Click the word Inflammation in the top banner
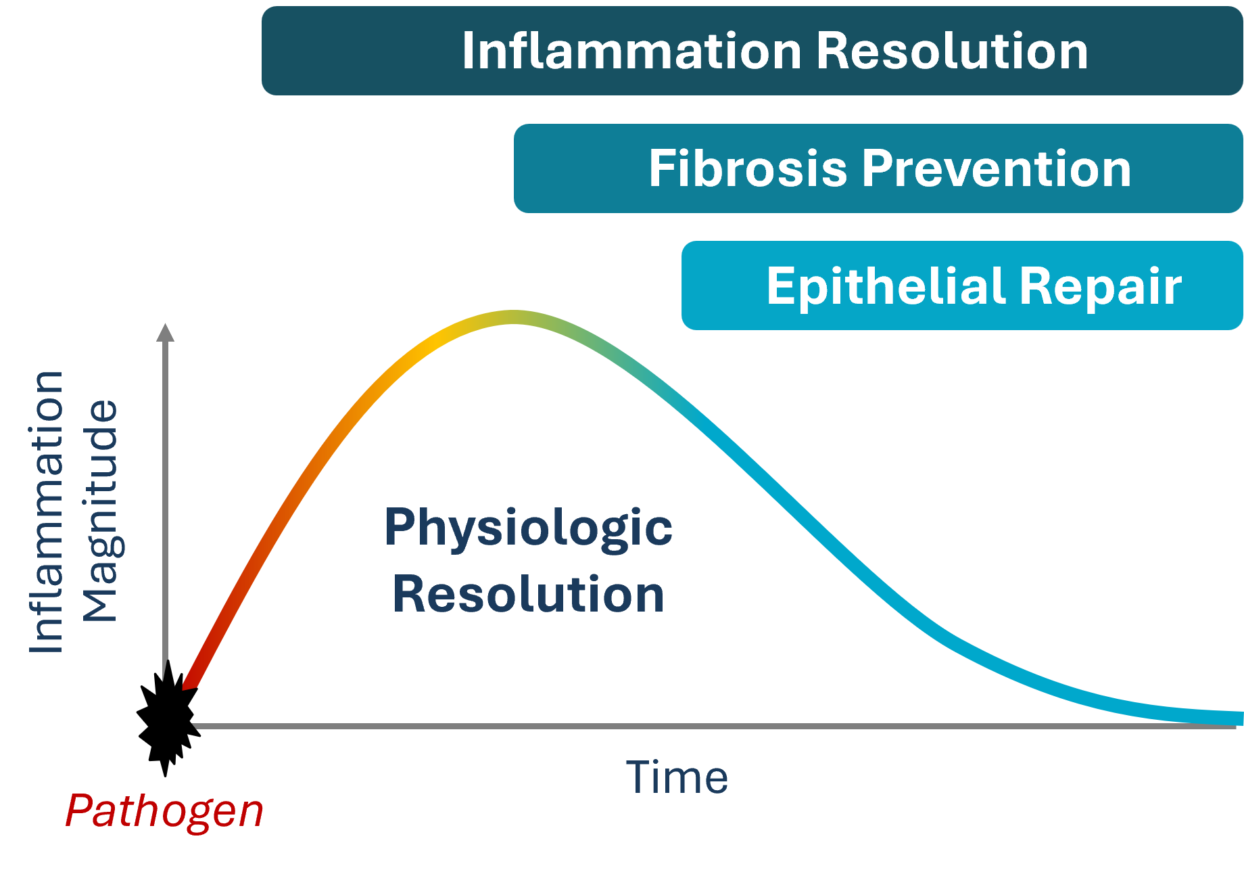coord(631,51)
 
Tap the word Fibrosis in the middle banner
coord(748,168)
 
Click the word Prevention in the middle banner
coord(997,168)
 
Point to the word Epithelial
coord(885,286)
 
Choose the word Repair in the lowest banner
coord(1101,286)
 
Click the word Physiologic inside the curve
coord(528,528)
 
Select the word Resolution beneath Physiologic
coord(528,594)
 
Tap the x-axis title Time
coord(677,777)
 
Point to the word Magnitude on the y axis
coord(99,511)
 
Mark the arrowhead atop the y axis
coord(166,332)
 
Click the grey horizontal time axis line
coord(676,726)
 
